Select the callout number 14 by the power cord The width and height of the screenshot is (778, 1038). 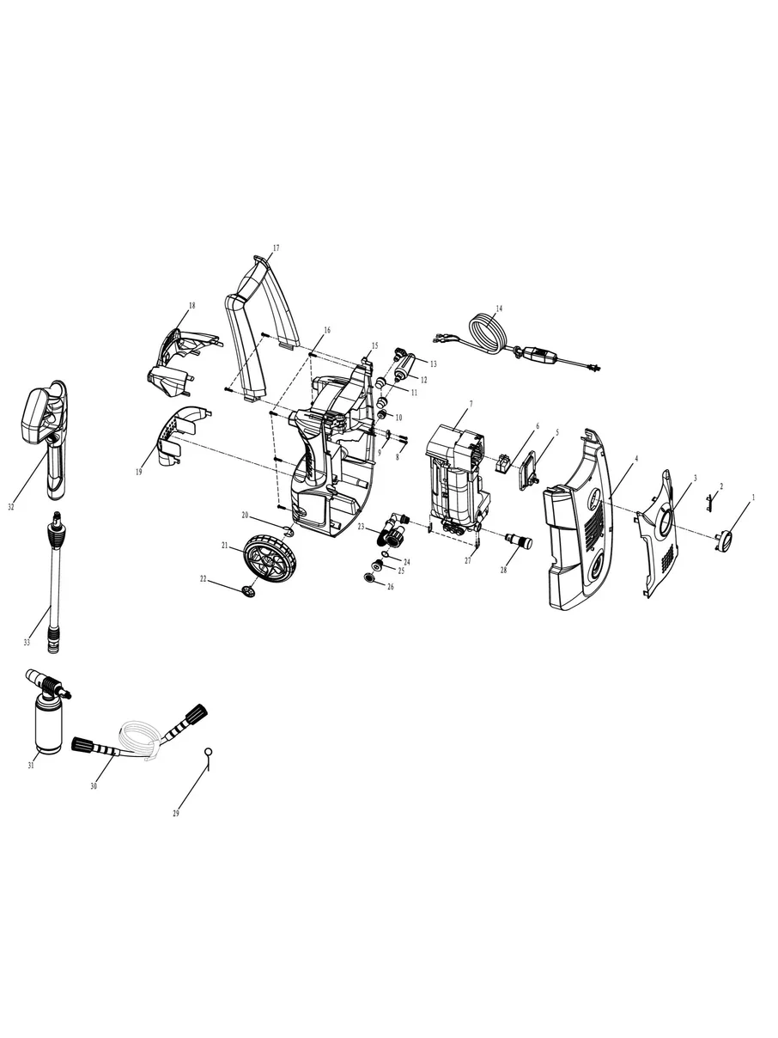click(x=499, y=308)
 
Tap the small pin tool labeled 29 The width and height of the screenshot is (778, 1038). click(x=207, y=754)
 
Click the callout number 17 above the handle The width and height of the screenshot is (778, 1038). click(x=276, y=248)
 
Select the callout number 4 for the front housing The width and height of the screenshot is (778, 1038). click(x=635, y=460)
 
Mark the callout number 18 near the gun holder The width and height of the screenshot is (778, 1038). click(x=191, y=306)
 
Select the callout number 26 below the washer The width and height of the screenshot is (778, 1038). click(x=391, y=587)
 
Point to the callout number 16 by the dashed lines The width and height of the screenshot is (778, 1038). click(x=326, y=330)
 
